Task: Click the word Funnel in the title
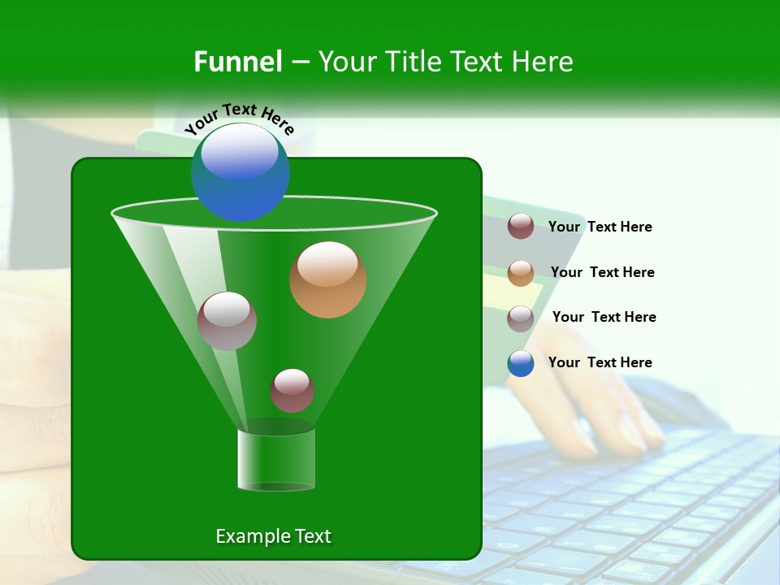tap(238, 62)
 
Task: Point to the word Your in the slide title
tap(346, 62)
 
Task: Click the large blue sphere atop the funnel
tap(240, 171)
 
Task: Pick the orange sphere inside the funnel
tap(328, 279)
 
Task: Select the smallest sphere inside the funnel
tap(292, 391)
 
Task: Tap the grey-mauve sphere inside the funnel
tap(227, 321)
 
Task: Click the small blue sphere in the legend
tap(521, 363)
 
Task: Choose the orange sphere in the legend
tap(521, 273)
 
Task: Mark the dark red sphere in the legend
tap(521, 227)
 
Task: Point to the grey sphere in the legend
tap(521, 318)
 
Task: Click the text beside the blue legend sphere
tap(600, 362)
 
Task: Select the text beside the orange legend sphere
tap(602, 272)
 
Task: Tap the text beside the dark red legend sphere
tap(600, 227)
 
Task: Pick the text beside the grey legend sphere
tap(604, 317)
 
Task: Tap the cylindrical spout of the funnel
tap(276, 459)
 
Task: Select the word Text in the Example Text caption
tap(312, 536)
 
